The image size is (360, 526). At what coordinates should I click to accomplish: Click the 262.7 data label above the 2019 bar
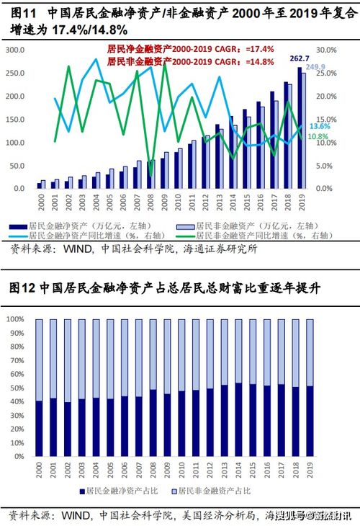(x=299, y=58)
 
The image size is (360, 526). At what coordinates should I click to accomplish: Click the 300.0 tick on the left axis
(x=17, y=50)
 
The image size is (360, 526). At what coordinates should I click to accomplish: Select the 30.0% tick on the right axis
(x=327, y=50)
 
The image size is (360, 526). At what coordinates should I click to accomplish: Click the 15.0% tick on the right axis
(x=327, y=119)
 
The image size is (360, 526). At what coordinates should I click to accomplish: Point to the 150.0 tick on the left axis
(x=17, y=119)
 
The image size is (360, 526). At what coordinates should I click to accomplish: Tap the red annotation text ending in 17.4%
(x=191, y=48)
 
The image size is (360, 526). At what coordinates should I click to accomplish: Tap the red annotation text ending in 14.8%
(x=191, y=61)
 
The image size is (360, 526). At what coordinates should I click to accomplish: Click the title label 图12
(x=22, y=287)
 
